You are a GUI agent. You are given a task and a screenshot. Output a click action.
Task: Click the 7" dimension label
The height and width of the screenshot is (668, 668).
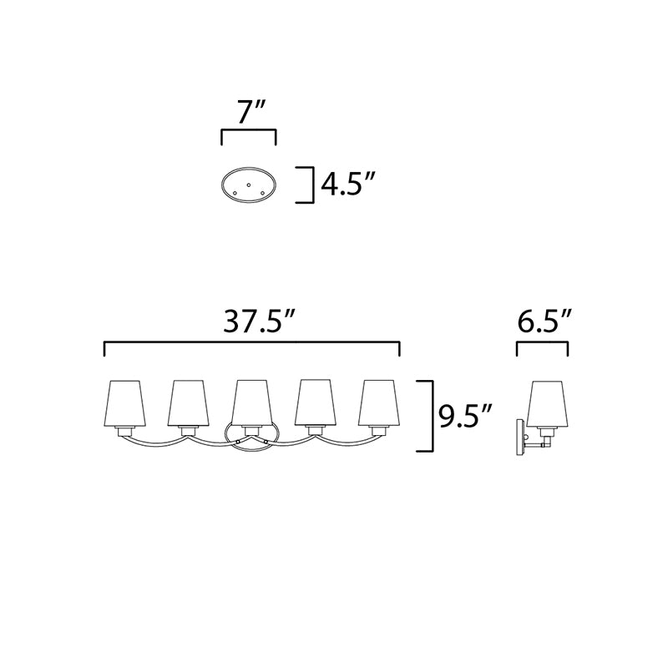252,112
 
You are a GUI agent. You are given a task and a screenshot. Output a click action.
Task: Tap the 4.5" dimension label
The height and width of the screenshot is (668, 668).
347,185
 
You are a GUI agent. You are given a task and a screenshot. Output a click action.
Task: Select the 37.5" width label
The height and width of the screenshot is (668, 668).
260,321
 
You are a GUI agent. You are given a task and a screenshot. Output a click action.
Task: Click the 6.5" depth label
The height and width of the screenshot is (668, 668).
544,321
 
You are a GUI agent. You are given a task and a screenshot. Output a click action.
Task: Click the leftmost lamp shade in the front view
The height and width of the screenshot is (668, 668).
124,403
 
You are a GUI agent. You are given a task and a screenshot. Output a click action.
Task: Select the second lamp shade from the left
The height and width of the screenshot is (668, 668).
189,403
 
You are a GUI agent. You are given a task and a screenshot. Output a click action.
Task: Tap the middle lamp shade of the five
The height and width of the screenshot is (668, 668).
252,402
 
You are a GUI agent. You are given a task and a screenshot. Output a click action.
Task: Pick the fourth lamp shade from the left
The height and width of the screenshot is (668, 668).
316,402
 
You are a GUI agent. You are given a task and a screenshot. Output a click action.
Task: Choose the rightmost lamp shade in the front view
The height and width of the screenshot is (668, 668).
379,402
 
